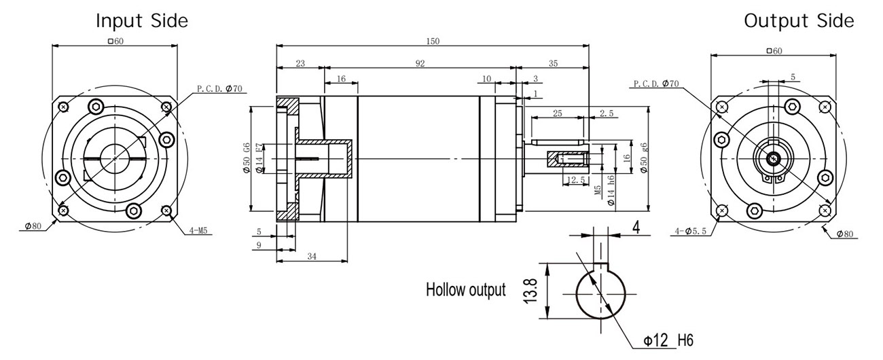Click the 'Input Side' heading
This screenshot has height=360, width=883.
coord(141,21)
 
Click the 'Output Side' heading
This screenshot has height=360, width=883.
coord(799,21)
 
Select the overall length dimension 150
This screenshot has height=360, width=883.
coord(433,41)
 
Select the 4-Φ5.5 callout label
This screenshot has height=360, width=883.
coord(692,231)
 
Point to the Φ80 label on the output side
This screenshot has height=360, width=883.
coord(845,234)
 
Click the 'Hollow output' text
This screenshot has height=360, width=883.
coord(465,291)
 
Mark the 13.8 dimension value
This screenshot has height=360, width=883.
coord(536,291)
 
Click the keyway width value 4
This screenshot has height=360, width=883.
coord(636,228)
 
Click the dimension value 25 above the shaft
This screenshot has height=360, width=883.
coord(557,113)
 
